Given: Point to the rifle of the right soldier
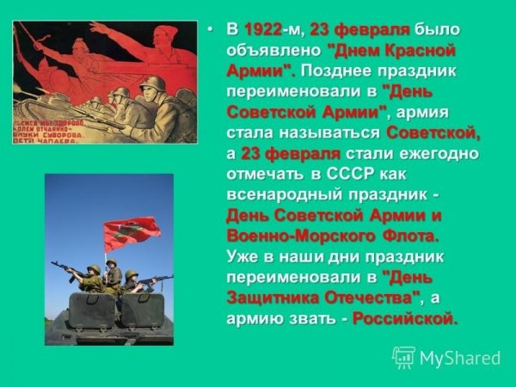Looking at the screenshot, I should tap(155, 280).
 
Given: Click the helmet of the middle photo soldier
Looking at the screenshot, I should tap(111, 267).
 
